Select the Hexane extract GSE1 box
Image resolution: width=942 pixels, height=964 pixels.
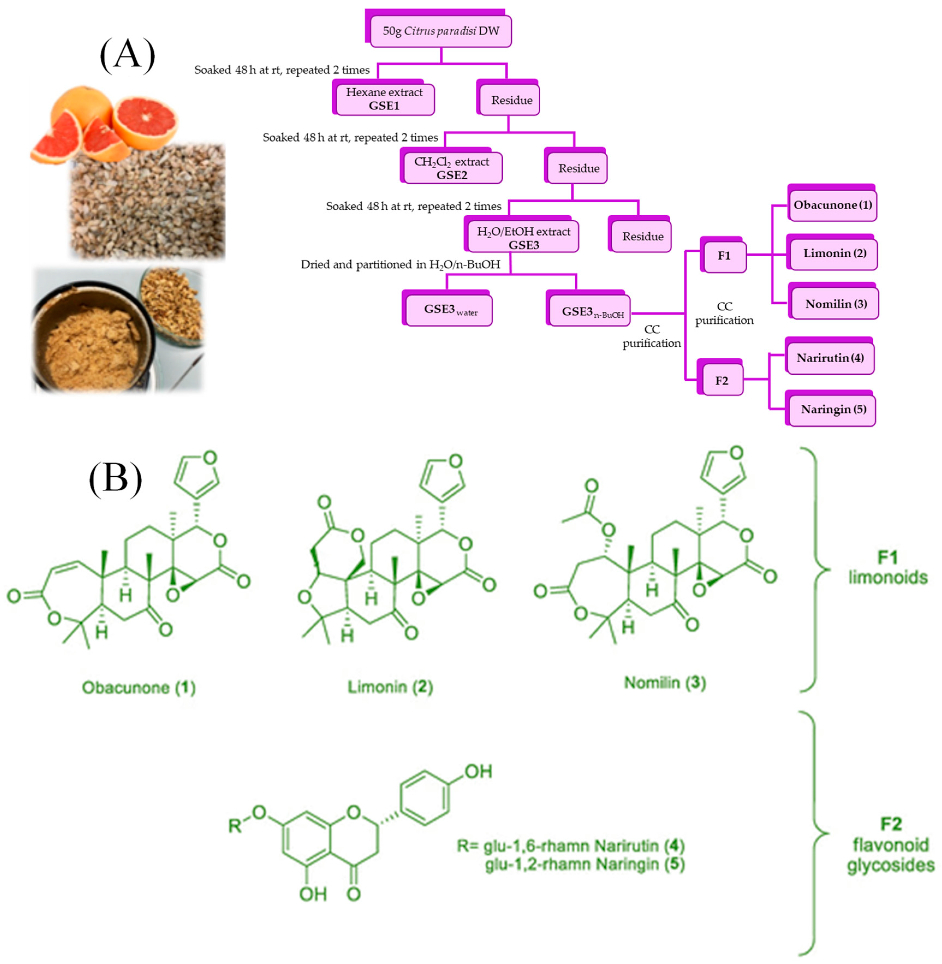pos(384,99)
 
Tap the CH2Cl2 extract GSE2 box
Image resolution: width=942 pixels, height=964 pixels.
pos(452,168)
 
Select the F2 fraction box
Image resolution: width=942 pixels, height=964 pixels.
pos(721,380)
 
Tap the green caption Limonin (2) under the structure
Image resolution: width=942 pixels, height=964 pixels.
pos(390,687)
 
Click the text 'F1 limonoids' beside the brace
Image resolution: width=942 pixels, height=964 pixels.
pos(888,567)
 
